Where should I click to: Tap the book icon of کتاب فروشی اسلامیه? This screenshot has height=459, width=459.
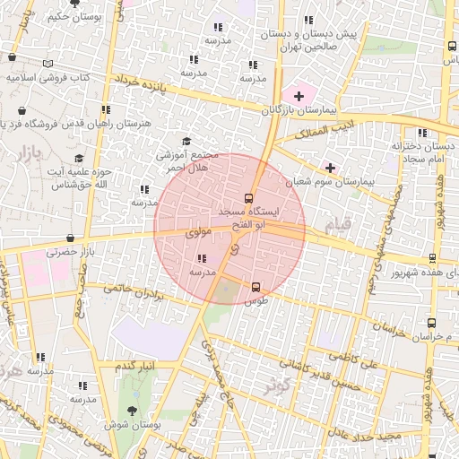coord(48,64)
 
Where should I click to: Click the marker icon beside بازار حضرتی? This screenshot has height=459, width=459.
coord(69,238)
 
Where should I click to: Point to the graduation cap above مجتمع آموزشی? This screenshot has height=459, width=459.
coord(186,141)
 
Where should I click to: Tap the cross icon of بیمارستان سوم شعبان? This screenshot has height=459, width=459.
coord(330,168)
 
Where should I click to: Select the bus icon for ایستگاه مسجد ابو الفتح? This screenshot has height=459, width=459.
coord(248,198)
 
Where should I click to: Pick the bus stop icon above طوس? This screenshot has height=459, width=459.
coord(256,288)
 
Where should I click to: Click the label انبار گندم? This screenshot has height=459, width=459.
coord(138,365)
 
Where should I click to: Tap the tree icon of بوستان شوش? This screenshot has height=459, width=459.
coord(133,411)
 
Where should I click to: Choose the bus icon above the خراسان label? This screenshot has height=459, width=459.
coord(432,323)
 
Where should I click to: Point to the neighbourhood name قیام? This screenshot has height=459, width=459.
coord(354,221)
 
